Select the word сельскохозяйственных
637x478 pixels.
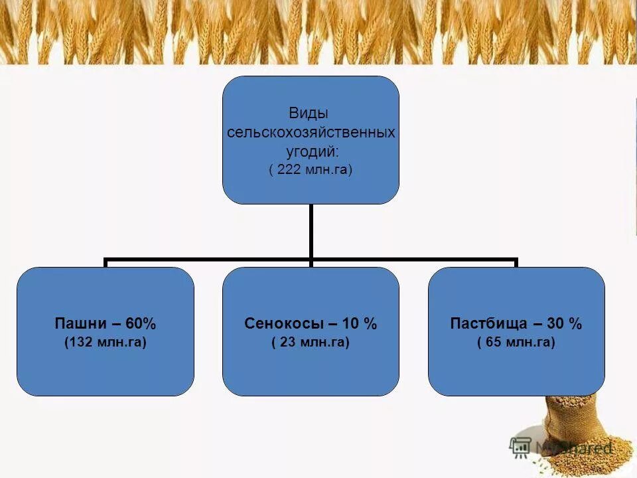(x=311, y=132)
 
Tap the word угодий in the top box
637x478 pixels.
(x=309, y=151)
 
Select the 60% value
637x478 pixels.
(x=140, y=324)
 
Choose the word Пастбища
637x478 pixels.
(x=488, y=324)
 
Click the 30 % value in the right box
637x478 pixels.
(x=565, y=324)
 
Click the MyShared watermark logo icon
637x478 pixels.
(x=521, y=447)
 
